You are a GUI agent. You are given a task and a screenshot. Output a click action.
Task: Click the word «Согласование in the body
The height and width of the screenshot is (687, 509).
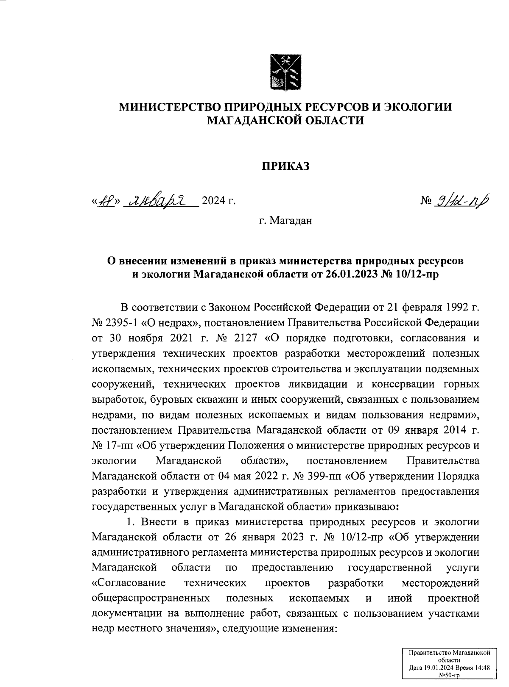tap(129, 583)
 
